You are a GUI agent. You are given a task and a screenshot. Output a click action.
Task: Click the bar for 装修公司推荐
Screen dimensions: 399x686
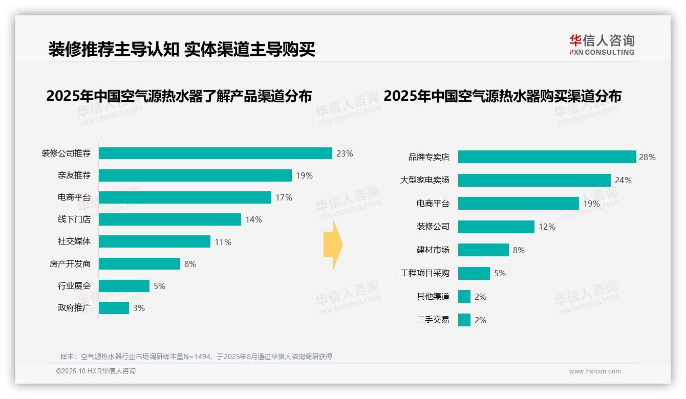coord(215,153)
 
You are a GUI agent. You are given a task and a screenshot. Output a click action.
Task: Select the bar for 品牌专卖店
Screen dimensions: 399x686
coord(547,157)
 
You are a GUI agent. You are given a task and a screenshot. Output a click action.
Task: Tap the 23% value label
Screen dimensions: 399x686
coord(345,153)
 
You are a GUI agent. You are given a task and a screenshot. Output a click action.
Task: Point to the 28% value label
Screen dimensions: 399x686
coord(647,157)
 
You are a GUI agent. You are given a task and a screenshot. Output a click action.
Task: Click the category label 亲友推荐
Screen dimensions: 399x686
coord(74,175)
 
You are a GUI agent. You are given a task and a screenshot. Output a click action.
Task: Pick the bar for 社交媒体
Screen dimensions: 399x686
coord(154,241)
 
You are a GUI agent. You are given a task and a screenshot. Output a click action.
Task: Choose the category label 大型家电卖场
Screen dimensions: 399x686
coord(424,180)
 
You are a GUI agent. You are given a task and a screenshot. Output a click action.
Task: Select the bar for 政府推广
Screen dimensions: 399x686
coord(114,308)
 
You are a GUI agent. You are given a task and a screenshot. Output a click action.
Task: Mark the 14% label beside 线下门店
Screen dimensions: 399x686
coord(253,219)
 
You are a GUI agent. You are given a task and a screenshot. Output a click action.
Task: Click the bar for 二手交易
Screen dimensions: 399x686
coord(464,320)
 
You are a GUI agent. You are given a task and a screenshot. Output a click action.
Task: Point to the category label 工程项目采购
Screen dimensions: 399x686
coord(424,273)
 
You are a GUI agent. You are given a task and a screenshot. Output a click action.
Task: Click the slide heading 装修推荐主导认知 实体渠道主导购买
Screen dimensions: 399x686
coord(181,49)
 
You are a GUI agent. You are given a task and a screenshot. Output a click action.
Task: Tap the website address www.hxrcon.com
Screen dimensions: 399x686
coord(595,371)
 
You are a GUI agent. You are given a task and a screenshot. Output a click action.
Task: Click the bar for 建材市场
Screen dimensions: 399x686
coord(483,250)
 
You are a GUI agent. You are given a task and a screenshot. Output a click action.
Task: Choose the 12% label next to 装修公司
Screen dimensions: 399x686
coord(547,227)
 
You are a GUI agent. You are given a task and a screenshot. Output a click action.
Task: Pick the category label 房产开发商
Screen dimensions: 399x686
coord(70,264)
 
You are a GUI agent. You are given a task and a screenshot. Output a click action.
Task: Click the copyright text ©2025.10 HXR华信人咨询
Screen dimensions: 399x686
coord(96,371)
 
